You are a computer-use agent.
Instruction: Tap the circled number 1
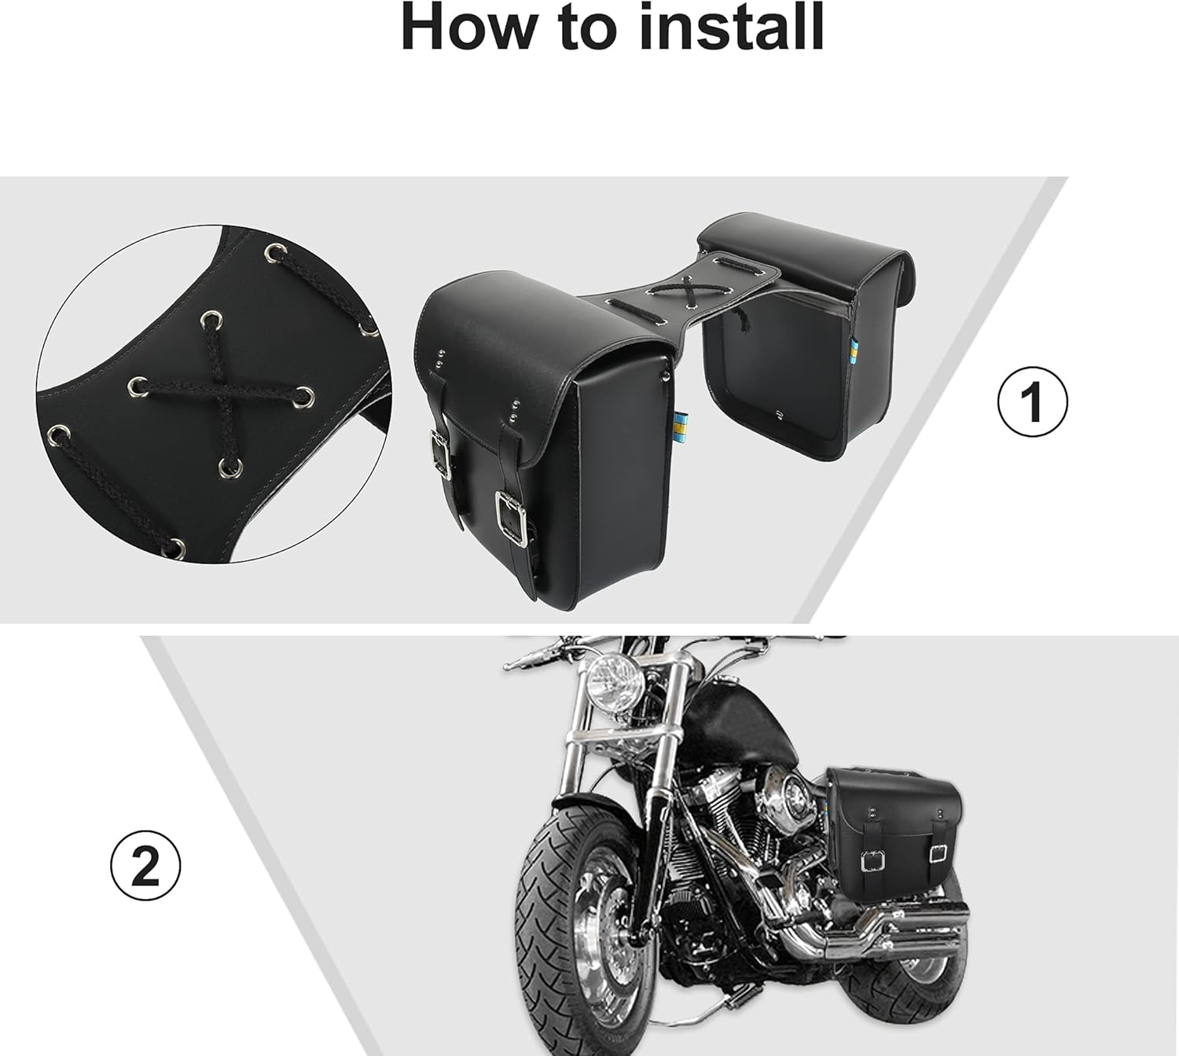[x=1032, y=401]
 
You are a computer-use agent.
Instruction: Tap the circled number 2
[x=145, y=867]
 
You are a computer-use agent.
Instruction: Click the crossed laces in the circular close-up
[x=215, y=383]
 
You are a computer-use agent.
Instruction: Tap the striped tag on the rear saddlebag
[x=856, y=353]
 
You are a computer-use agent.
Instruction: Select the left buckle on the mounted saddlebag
[x=871, y=862]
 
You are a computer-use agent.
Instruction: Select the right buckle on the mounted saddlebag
[x=937, y=852]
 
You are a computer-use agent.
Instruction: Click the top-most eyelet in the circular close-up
[x=274, y=253]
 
